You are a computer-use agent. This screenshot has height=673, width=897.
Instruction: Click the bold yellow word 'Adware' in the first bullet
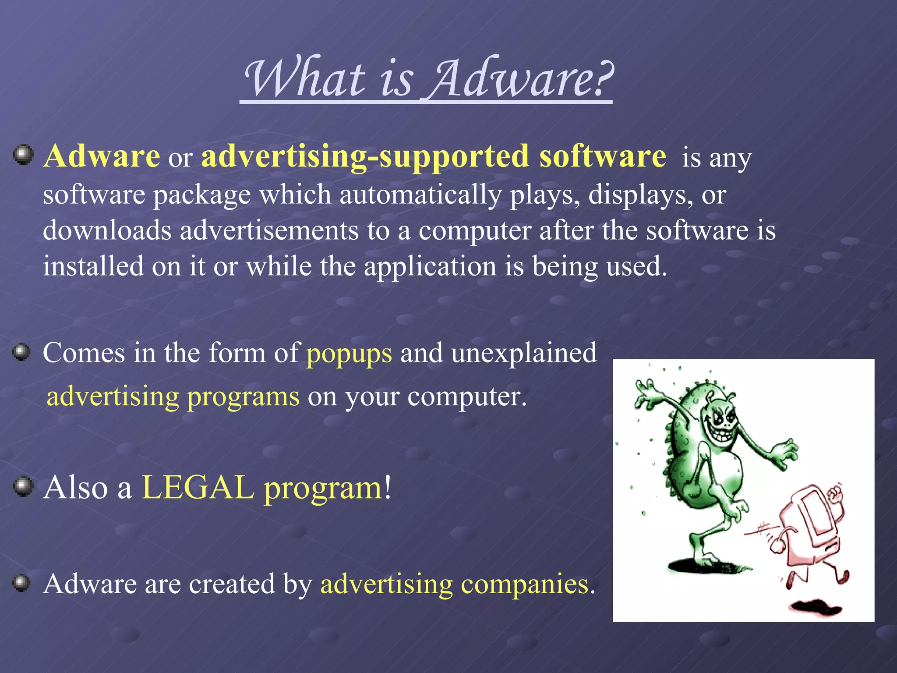[x=102, y=156]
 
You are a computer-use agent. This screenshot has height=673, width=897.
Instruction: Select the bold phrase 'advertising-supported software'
[x=434, y=157]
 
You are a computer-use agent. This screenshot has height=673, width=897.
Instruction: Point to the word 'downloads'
[x=107, y=230]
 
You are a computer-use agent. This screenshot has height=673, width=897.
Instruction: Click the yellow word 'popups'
[x=349, y=353]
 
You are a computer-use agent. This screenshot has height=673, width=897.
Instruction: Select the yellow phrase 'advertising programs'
[x=173, y=396]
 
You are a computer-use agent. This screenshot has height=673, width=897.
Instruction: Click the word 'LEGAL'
[x=198, y=487]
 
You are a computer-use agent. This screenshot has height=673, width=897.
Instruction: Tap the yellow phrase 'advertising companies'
[x=454, y=584]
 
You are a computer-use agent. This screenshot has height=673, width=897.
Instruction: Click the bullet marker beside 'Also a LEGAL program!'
[x=23, y=487]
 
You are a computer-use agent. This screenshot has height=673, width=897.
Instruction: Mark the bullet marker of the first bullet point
[x=23, y=155]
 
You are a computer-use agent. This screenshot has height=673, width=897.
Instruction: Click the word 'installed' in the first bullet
[x=93, y=266]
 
